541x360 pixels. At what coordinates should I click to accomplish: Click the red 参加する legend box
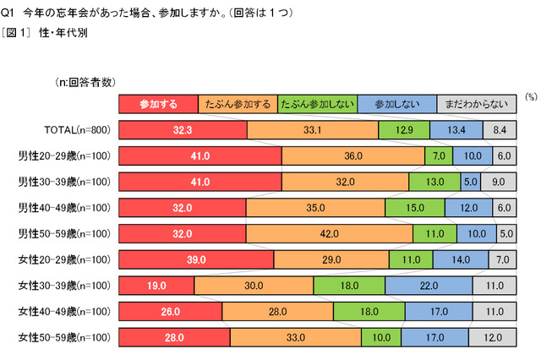[x=158, y=104]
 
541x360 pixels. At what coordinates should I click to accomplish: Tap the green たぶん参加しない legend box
[x=316, y=104]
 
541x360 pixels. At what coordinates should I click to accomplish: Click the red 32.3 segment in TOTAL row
[x=183, y=129]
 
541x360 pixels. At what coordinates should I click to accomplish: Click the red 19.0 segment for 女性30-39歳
[x=156, y=286]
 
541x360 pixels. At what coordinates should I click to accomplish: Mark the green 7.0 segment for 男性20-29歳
[x=438, y=155]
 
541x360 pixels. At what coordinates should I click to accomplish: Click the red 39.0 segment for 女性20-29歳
[x=196, y=259]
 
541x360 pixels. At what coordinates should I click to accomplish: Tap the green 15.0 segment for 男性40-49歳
[x=413, y=208]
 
